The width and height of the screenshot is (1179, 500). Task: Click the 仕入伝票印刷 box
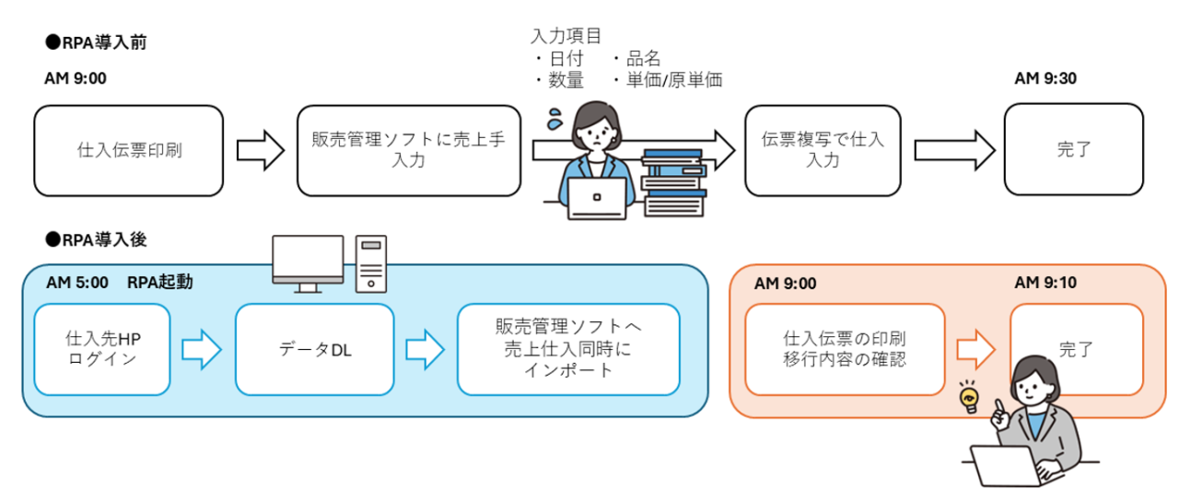coord(129,150)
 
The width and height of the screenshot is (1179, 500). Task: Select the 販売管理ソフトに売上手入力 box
coord(409,150)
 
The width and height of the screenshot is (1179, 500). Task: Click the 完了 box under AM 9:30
coord(1074,150)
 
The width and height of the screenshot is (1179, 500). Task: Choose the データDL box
coord(314,349)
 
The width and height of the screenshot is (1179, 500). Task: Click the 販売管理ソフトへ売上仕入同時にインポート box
coord(568,349)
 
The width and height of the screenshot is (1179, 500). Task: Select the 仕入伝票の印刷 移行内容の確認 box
coord(844,349)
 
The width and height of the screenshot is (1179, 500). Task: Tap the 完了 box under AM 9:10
coord(1076,349)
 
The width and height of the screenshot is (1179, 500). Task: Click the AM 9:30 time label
coord(1045,78)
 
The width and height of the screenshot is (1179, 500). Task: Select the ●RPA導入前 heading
coord(96,41)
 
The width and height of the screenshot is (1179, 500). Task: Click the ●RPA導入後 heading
coord(96,239)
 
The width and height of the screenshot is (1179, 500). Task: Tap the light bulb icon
coord(969,399)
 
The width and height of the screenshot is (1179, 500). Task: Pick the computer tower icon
coord(371,263)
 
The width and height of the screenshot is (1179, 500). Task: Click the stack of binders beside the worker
coord(671,181)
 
